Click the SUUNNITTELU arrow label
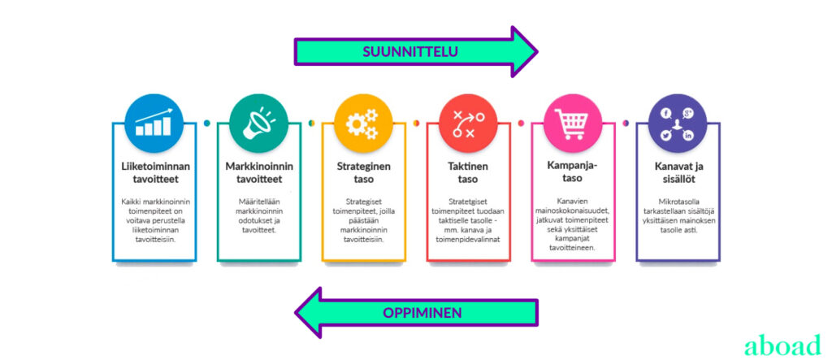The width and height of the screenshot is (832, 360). [410, 51]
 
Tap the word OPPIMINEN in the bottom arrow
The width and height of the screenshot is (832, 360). [423, 312]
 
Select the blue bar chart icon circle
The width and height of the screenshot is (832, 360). [154, 123]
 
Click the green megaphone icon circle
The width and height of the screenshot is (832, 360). [258, 123]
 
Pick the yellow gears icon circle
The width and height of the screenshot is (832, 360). [363, 123]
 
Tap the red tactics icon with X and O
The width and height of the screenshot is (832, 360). [468, 123]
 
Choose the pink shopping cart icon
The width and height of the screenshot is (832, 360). [573, 123]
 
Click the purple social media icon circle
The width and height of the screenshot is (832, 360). [678, 123]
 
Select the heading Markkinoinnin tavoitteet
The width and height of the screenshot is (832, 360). [258, 172]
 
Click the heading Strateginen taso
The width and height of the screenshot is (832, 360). [363, 172]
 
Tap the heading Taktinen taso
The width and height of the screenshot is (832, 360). [468, 172]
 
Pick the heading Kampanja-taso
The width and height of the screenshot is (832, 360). [573, 172]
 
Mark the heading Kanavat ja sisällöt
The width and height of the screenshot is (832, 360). [678, 172]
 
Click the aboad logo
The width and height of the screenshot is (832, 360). [782, 345]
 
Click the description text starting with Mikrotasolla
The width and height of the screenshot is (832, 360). [678, 215]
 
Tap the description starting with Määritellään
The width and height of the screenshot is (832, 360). [258, 215]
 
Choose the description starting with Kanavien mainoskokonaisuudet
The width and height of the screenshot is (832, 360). [573, 223]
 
